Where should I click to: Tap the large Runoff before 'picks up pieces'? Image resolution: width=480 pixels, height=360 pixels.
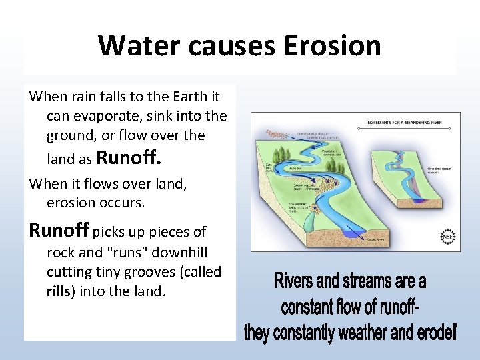59,231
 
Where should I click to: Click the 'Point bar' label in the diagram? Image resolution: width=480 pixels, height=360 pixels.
295,169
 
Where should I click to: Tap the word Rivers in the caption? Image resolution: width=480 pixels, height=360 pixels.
298,281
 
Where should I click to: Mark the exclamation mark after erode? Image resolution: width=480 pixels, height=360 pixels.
454,333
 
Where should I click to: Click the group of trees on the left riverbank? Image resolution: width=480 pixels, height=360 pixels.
277,136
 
